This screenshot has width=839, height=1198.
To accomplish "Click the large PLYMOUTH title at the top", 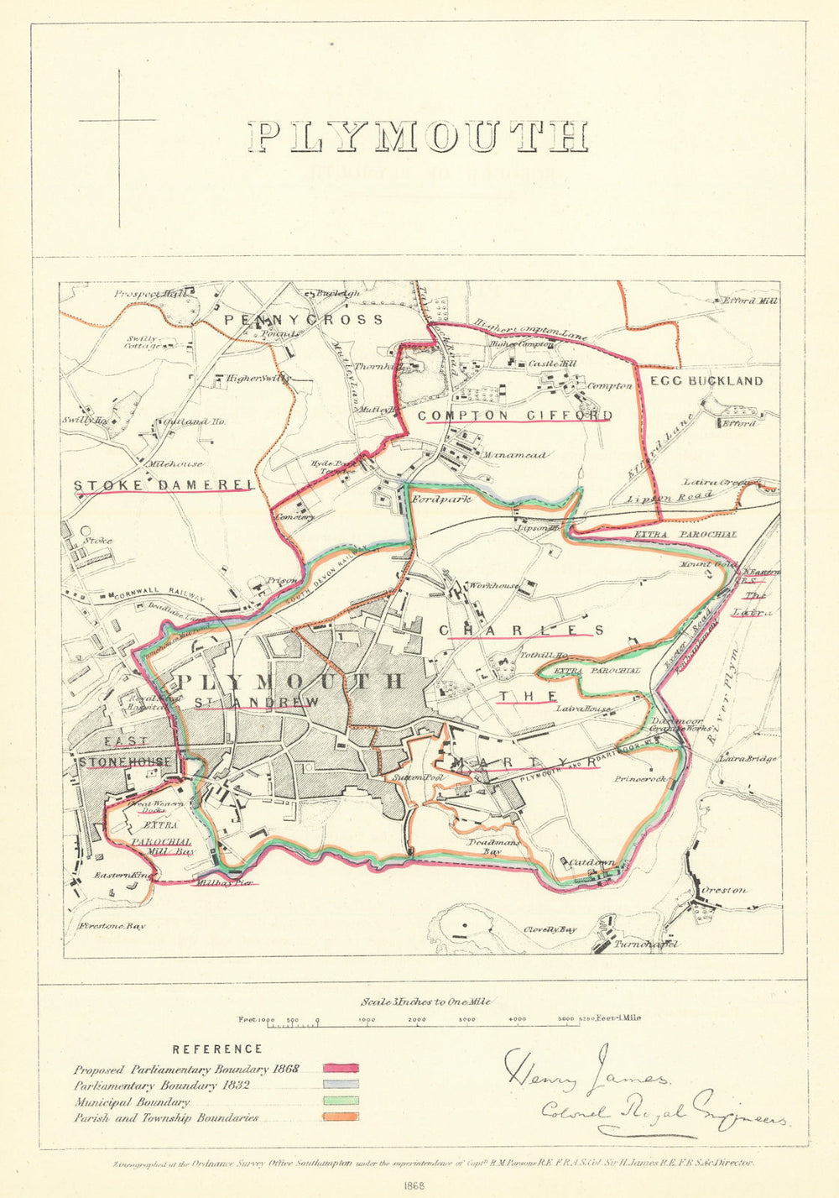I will (x=418, y=138).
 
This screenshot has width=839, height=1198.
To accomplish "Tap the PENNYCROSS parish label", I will (x=303, y=320).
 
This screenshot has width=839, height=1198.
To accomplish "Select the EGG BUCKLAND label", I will (x=706, y=380).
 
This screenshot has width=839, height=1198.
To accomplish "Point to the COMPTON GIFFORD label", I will (x=514, y=416).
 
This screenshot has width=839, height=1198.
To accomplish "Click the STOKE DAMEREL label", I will (x=164, y=485).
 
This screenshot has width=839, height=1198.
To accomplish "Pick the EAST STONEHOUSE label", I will (x=126, y=751).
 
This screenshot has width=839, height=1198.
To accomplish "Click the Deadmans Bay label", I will (x=493, y=846).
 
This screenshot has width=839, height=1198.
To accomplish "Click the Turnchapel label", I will (x=645, y=944).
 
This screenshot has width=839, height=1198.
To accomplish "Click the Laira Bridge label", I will (x=747, y=759).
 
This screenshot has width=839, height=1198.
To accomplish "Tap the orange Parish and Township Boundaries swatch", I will (x=341, y=1117).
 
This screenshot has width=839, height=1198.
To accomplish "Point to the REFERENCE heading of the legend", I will (x=216, y=1049).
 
